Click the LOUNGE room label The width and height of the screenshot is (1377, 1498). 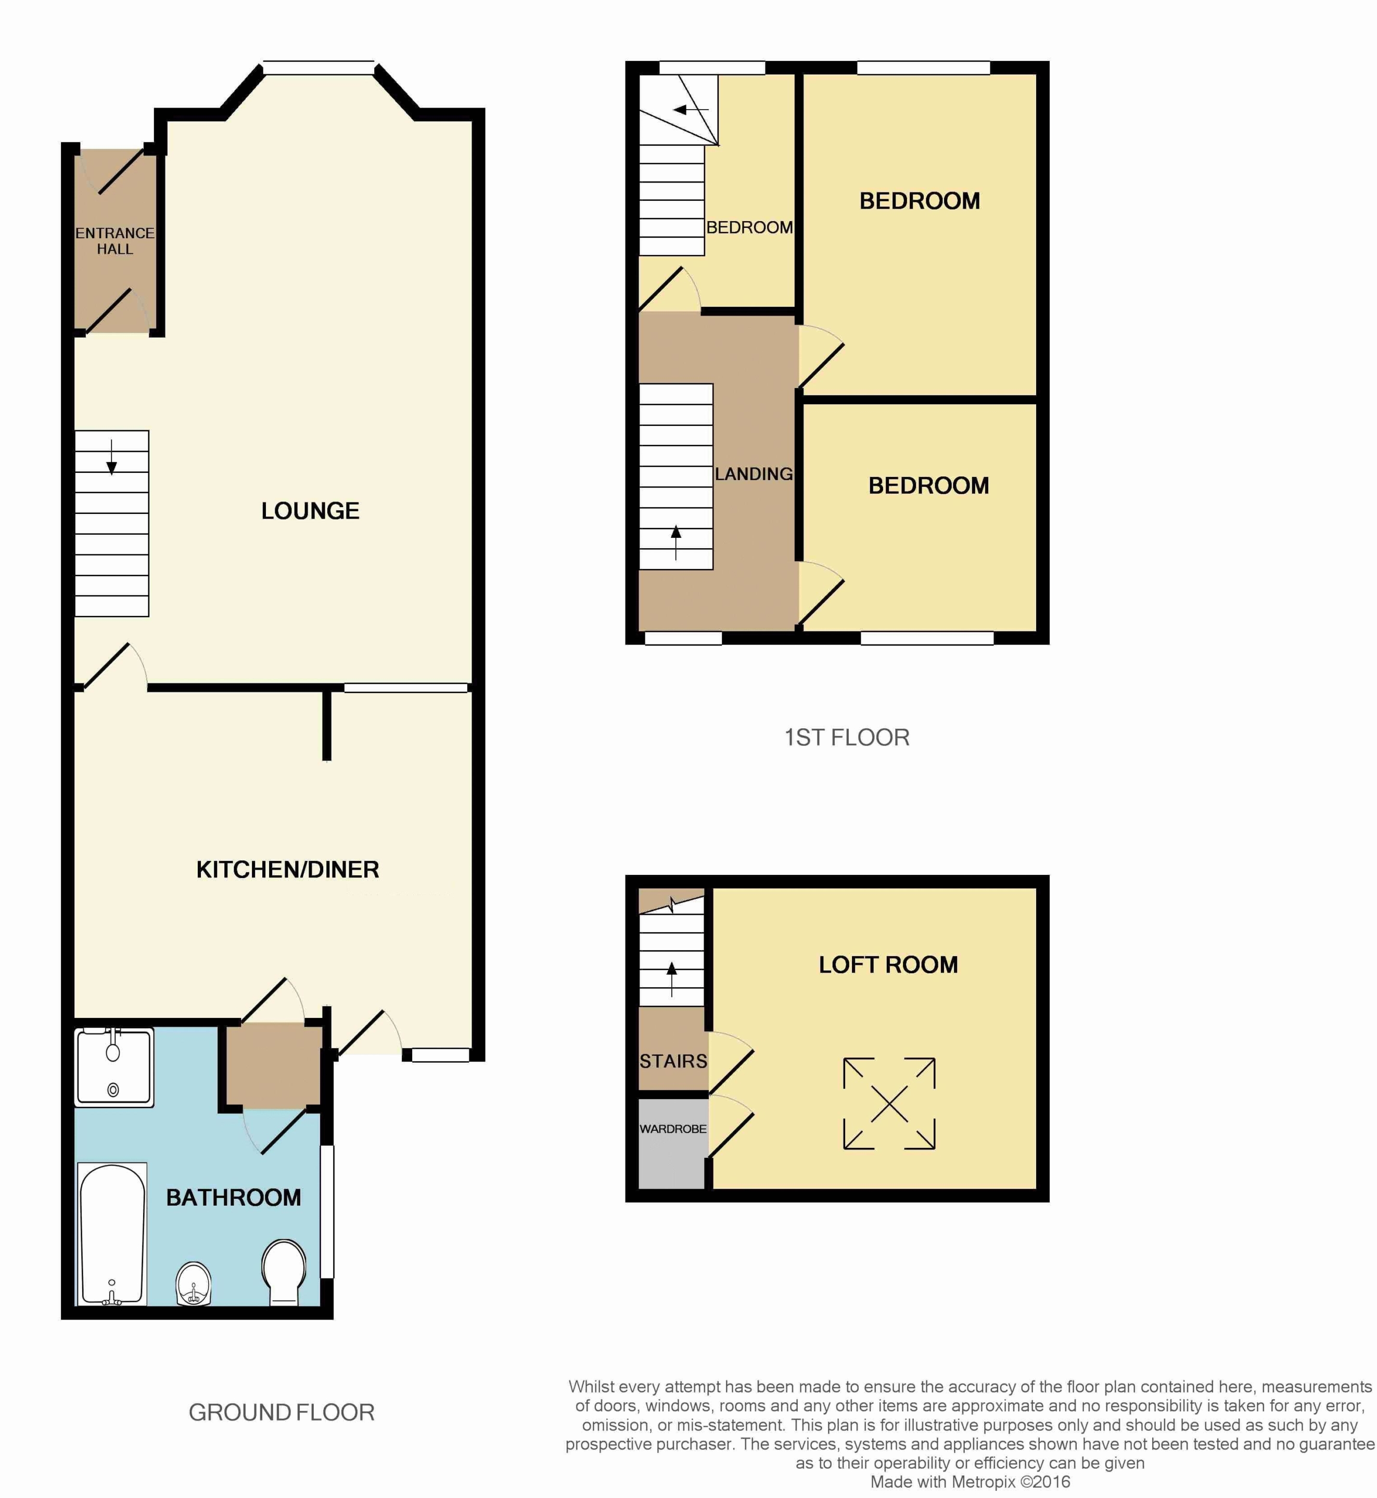pos(310,511)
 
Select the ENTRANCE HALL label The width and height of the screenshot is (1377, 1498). pos(114,241)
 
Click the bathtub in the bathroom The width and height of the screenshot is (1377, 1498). pos(112,1235)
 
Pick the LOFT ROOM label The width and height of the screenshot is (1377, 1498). pos(888,965)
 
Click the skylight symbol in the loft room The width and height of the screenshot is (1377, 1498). pos(889,1103)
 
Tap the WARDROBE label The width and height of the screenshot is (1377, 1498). pos(673,1129)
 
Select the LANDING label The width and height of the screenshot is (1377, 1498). pos(754,474)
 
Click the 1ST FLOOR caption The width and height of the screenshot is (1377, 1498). pos(847,738)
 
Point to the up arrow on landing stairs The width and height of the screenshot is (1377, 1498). pos(676,543)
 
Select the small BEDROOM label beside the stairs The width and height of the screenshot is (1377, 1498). pos(749,227)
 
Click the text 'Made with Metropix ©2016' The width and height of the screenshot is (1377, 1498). pos(970,1481)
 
